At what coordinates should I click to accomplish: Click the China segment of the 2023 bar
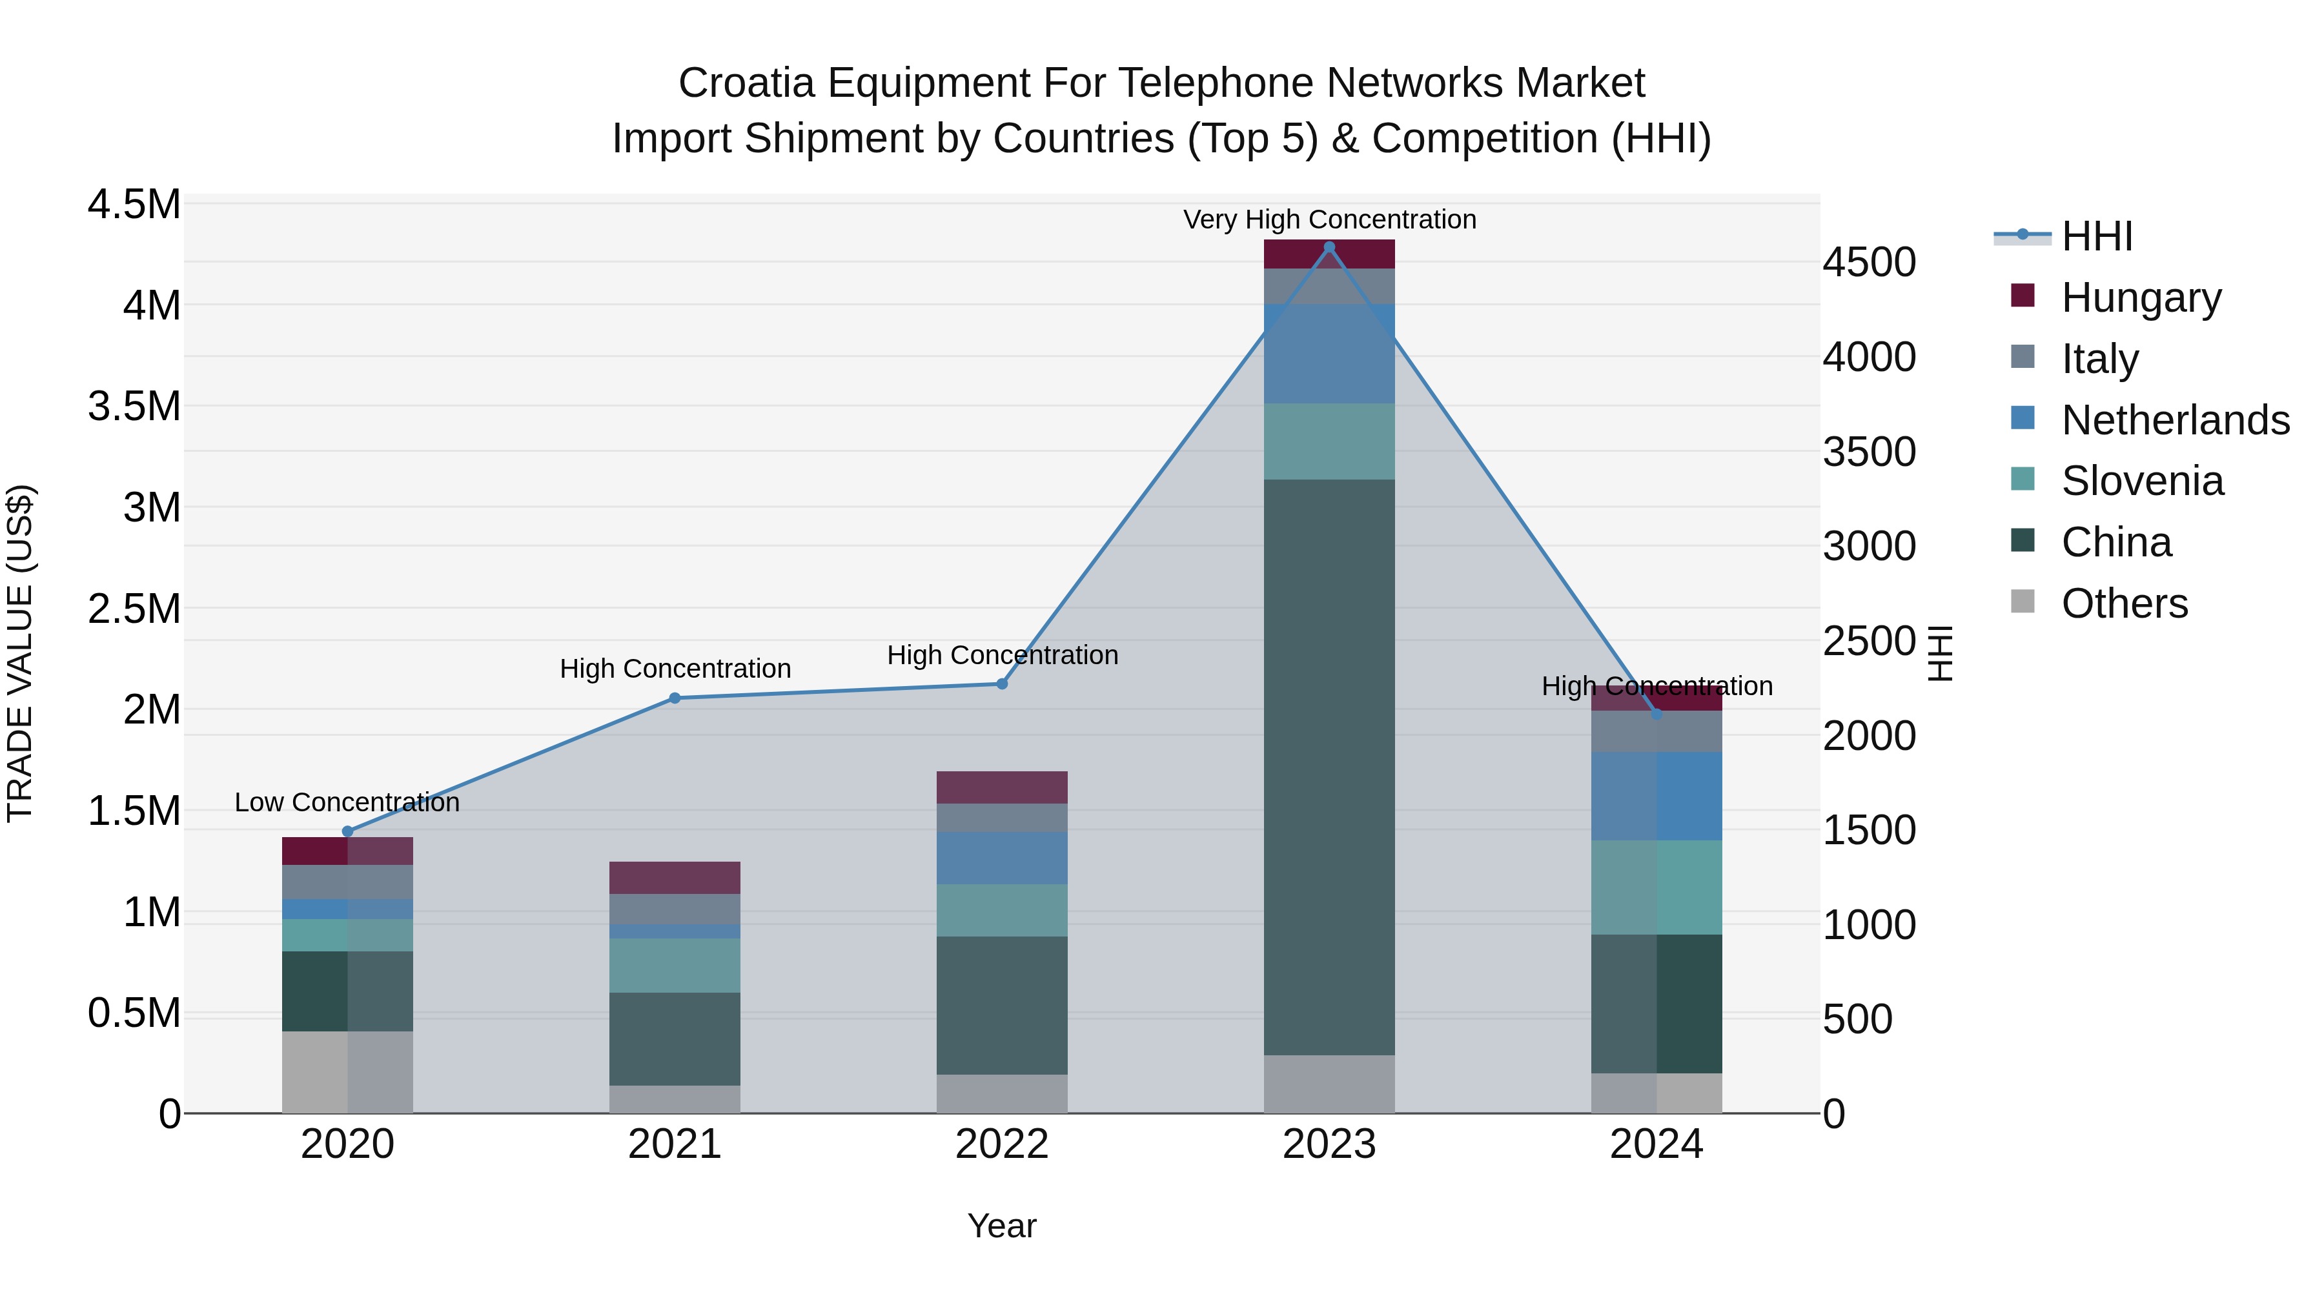[1329, 767]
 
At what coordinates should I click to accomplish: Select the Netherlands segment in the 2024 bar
[1656, 796]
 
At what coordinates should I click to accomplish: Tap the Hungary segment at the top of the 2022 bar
[1001, 787]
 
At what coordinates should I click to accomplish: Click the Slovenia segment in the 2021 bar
[674, 965]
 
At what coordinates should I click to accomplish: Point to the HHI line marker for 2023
[1329, 247]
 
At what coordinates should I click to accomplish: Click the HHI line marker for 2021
[674, 698]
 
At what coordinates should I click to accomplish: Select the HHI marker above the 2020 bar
[347, 832]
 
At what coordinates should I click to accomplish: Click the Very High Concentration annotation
[1329, 219]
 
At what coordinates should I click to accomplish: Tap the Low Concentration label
[347, 802]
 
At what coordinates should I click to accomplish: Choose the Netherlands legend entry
[2175, 420]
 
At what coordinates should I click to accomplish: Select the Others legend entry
[2125, 603]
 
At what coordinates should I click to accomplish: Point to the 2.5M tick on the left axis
[134, 609]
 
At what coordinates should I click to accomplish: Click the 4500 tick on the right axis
[1868, 263]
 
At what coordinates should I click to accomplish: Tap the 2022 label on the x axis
[1001, 1144]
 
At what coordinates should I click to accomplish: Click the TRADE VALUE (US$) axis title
[20, 653]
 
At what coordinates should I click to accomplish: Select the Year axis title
[1001, 1226]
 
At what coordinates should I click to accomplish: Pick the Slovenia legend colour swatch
[2023, 479]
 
